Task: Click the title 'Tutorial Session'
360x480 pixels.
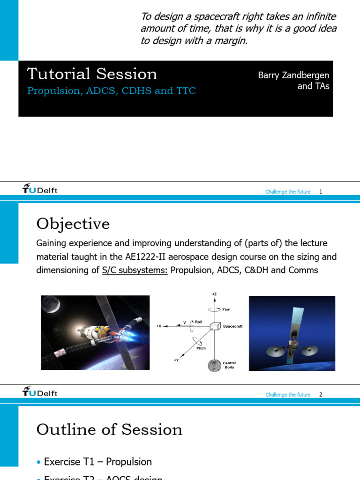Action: (x=92, y=74)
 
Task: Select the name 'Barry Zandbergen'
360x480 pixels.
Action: (x=293, y=75)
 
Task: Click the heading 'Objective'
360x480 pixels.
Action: (x=73, y=224)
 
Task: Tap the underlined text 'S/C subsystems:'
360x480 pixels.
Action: (x=135, y=270)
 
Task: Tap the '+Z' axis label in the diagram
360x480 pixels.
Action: (x=214, y=294)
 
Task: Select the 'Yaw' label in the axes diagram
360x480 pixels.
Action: (x=226, y=309)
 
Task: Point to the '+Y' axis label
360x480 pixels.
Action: (x=176, y=360)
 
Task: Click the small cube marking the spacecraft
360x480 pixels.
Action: (x=215, y=326)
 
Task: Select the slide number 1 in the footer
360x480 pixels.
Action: (x=321, y=192)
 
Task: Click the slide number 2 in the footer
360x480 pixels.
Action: (x=321, y=395)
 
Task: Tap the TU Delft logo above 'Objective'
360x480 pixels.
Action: (x=40, y=189)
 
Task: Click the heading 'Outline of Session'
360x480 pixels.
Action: (x=109, y=430)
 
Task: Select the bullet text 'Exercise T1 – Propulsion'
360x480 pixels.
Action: (x=97, y=462)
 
